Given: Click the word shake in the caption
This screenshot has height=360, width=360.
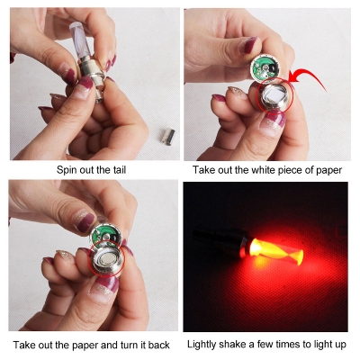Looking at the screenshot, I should pyautogui.click(x=238, y=345).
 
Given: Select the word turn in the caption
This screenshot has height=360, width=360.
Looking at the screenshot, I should pyautogui.click(x=125, y=345).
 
